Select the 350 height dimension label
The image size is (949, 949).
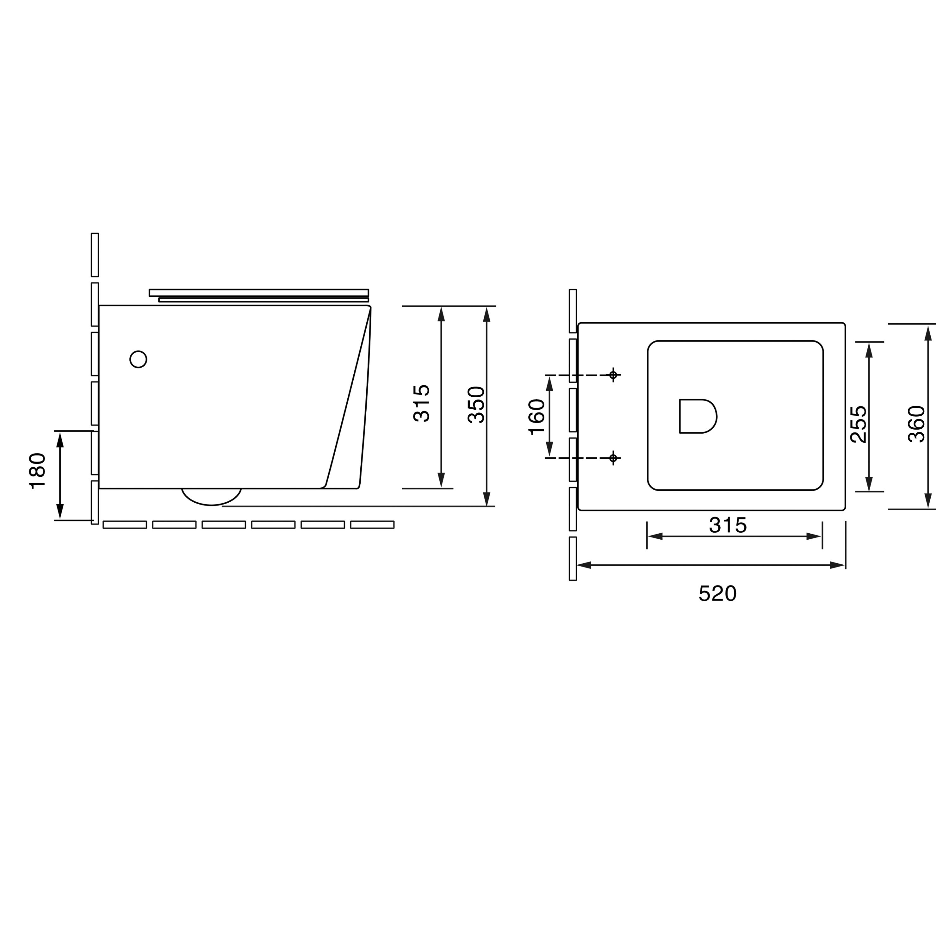pos(476,405)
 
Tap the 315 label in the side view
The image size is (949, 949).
pos(421,403)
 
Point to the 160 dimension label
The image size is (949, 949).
pos(537,417)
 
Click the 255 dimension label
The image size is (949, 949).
pos(859,424)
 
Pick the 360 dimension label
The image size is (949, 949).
pos(917,424)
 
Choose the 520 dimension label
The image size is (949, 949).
pos(718,594)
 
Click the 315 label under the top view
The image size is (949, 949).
pos(728,525)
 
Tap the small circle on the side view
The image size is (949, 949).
pos(139,359)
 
